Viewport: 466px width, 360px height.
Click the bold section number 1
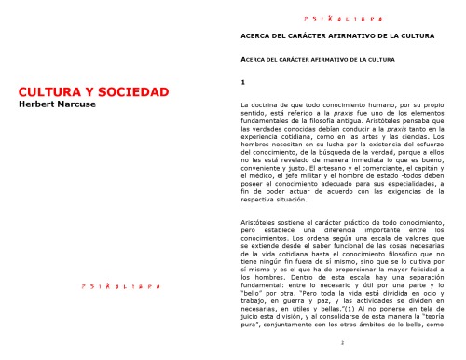(x=242, y=86)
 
